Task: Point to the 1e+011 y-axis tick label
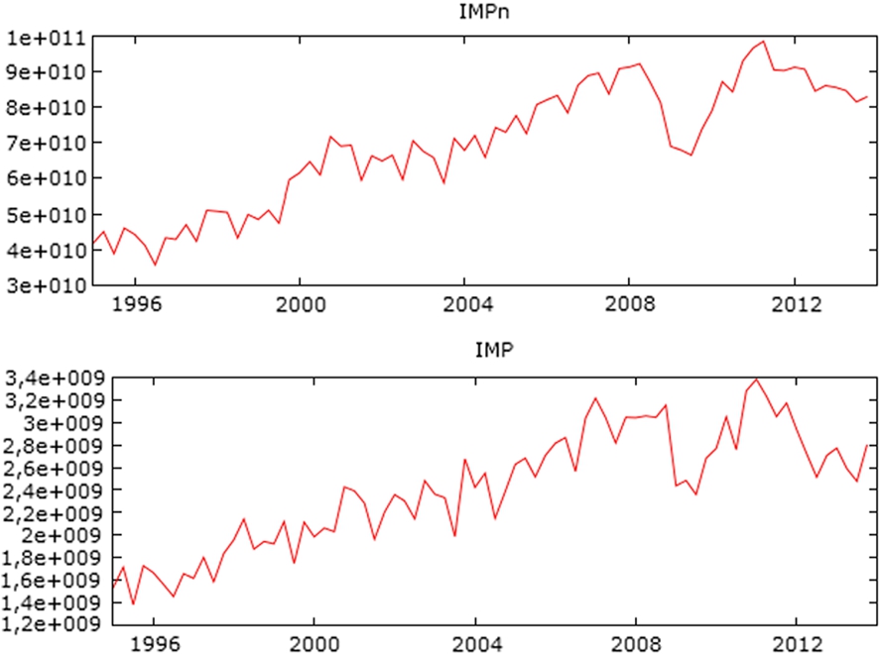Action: pyautogui.click(x=45, y=38)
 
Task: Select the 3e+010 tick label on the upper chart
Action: pyautogui.click(x=45, y=285)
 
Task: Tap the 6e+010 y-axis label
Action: pyautogui.click(x=45, y=178)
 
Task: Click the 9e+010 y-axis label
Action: pyautogui.click(x=45, y=72)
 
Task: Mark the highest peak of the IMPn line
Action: pyautogui.click(x=763, y=42)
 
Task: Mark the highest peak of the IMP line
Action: pyautogui.click(x=757, y=380)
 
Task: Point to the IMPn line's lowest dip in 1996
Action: pyautogui.click(x=155, y=266)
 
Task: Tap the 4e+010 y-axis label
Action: pyautogui.click(x=45, y=250)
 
